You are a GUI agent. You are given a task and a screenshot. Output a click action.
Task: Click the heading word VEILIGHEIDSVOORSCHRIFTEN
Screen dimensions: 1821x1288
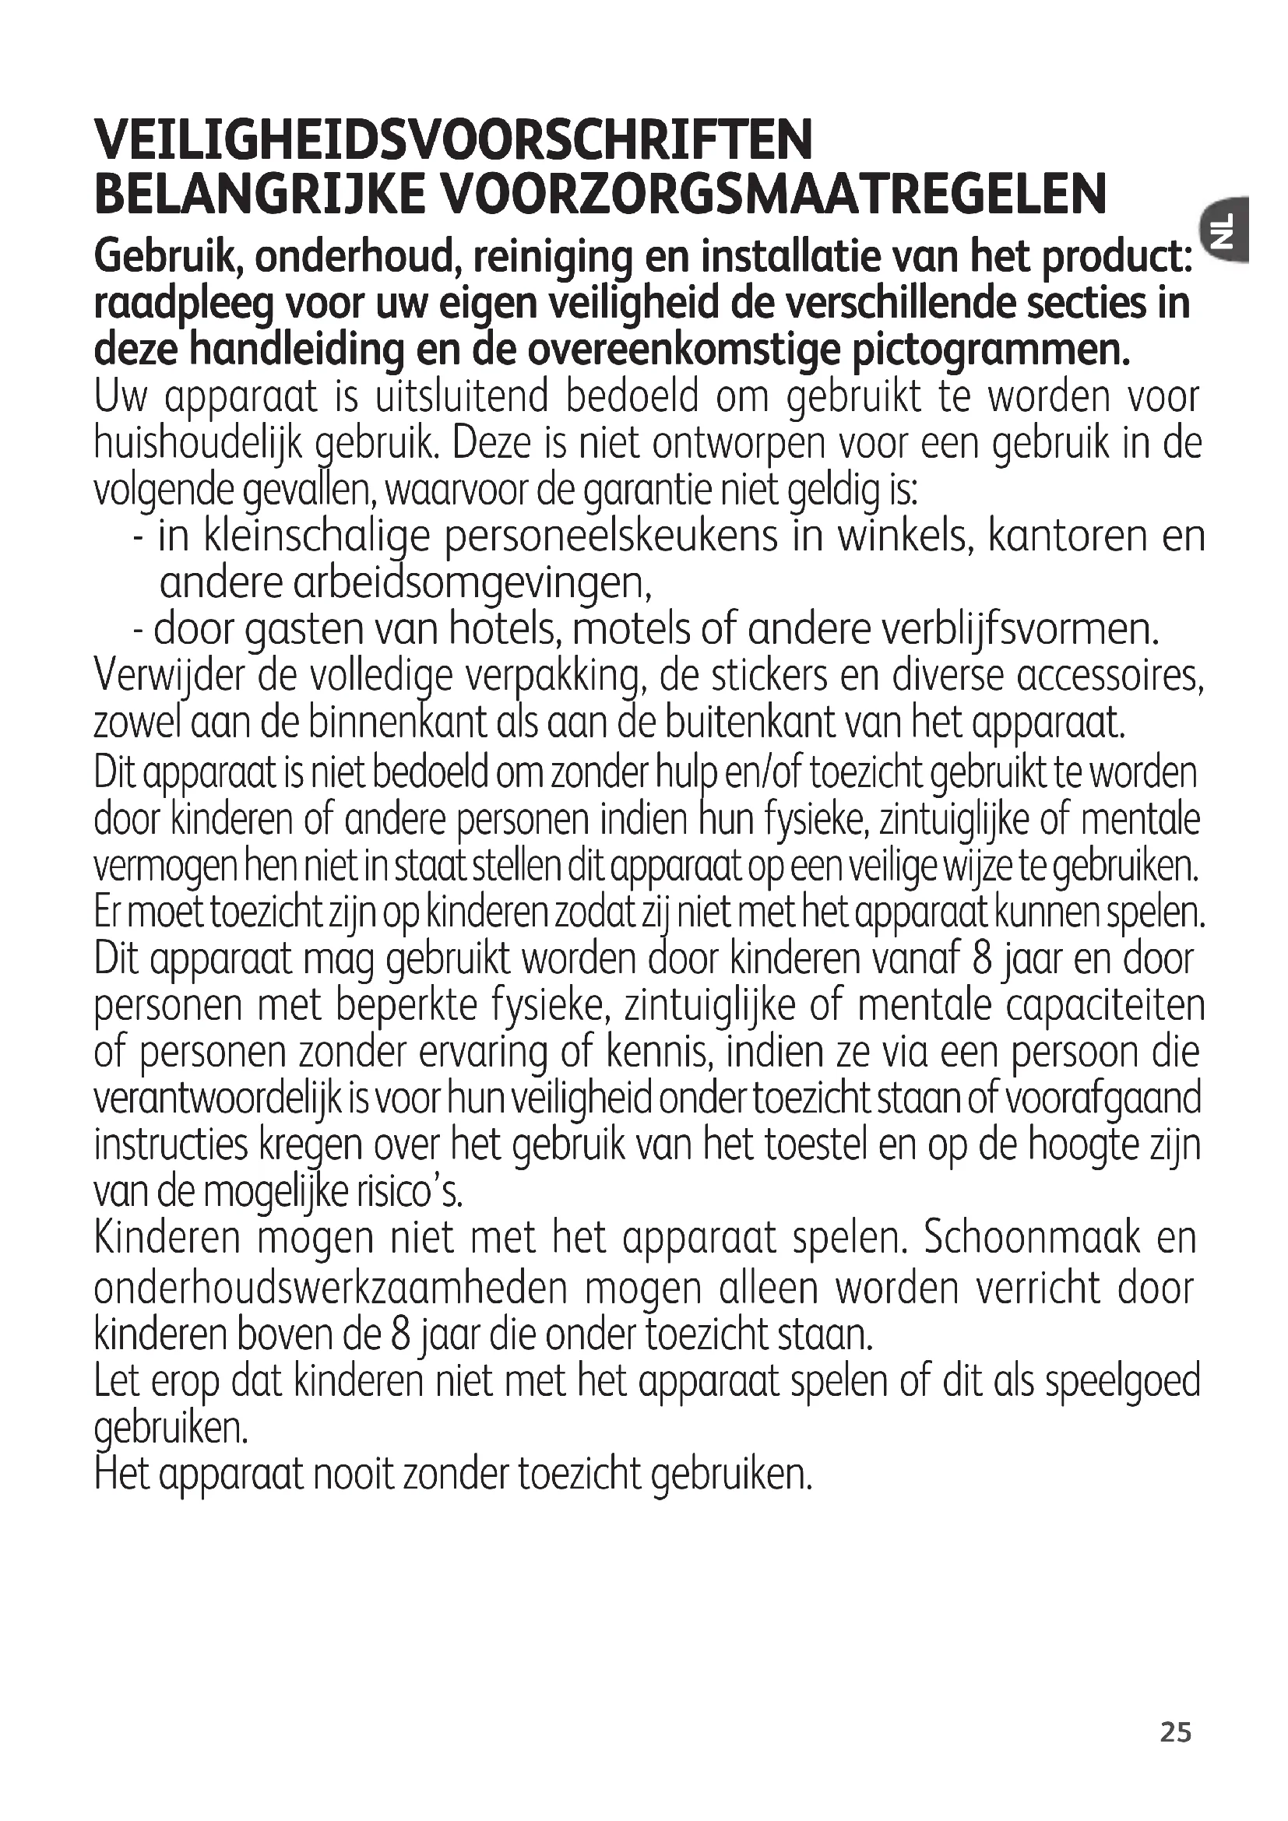tap(454, 139)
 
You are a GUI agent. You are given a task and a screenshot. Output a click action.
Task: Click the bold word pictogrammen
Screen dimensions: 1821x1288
tap(991, 350)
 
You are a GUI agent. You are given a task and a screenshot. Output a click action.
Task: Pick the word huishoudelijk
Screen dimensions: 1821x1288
tap(199, 444)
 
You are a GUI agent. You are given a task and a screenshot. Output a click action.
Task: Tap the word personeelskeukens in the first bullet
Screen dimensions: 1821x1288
tap(611, 537)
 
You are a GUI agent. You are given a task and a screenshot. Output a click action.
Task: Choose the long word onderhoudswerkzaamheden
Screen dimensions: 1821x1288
tap(331, 1287)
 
